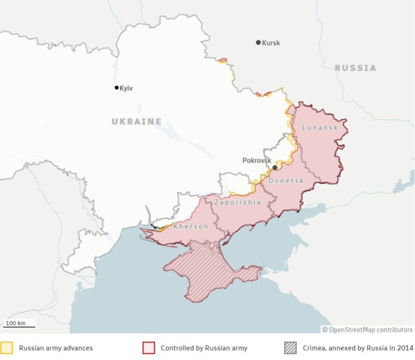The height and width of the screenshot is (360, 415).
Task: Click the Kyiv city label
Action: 126,88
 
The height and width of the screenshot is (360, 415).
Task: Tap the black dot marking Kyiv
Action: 116,88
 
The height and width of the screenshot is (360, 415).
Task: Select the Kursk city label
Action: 271,43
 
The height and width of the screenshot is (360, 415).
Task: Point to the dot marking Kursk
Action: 258,42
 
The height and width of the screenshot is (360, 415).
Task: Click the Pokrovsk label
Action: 257,161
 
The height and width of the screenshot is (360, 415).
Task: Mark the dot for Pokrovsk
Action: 275,168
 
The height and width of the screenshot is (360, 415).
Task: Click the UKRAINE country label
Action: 137,122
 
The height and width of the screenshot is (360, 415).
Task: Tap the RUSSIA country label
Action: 356,68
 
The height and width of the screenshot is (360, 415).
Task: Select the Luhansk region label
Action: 320,128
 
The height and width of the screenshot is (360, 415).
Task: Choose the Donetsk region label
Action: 286,181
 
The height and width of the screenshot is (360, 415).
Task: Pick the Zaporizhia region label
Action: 238,202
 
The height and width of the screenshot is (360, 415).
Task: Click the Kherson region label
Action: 191,226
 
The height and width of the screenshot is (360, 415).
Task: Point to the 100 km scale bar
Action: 19,324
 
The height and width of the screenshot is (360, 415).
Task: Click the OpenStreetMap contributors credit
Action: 367,329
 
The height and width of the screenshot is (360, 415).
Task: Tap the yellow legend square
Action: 6,348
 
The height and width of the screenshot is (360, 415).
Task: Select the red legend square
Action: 148,348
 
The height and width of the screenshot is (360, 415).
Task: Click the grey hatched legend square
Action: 290,348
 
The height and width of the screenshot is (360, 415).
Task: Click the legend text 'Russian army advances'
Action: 56,348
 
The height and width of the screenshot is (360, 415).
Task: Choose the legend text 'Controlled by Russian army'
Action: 204,348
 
